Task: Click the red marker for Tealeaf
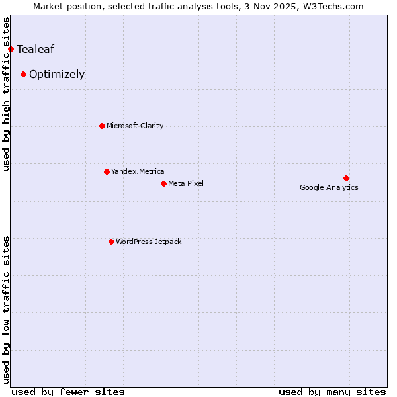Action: [11, 49]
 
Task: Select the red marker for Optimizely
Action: [23, 74]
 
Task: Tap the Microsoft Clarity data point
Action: [102, 126]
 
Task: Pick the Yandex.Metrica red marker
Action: [107, 171]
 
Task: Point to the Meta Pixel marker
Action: [163, 183]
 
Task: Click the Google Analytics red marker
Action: [346, 178]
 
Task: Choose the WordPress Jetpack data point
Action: [111, 242]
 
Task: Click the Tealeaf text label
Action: [35, 49]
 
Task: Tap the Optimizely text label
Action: [57, 74]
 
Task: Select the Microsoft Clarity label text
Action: [135, 126]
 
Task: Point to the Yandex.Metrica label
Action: [138, 171]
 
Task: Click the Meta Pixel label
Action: [186, 183]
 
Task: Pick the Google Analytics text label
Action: [329, 187]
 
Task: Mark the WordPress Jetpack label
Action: [148, 242]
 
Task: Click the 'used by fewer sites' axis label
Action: [68, 392]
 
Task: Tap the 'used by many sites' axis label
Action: [332, 392]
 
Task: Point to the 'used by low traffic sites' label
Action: [7, 309]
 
